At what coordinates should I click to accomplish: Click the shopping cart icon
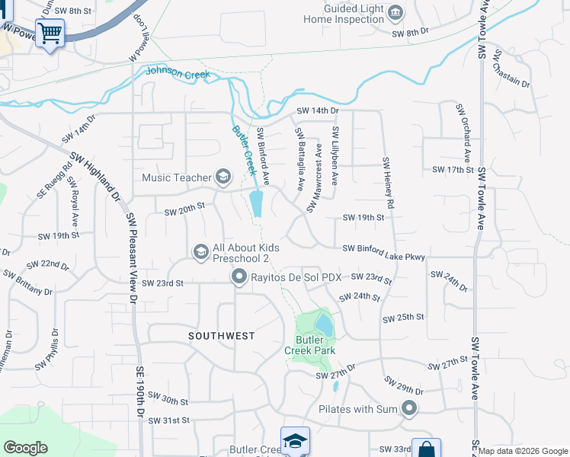pyautogui.click(x=50, y=33)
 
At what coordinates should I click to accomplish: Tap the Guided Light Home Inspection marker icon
pyautogui.click(x=395, y=12)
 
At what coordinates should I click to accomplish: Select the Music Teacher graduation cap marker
pyautogui.click(x=223, y=177)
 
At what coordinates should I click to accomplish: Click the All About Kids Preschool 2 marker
pyautogui.click(x=200, y=252)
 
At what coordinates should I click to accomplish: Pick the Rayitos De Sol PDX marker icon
pyautogui.click(x=239, y=277)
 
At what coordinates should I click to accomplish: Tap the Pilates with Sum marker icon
pyautogui.click(x=410, y=409)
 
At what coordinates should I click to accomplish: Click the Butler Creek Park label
pyautogui.click(x=309, y=344)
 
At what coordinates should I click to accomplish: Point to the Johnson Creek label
pyautogui.click(x=176, y=72)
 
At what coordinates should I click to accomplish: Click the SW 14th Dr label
pyautogui.click(x=317, y=110)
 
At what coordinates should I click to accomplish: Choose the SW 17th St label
pyautogui.click(x=453, y=169)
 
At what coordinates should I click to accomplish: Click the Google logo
pyautogui.click(x=26, y=448)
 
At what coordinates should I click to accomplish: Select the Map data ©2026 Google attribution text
pyautogui.click(x=524, y=451)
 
